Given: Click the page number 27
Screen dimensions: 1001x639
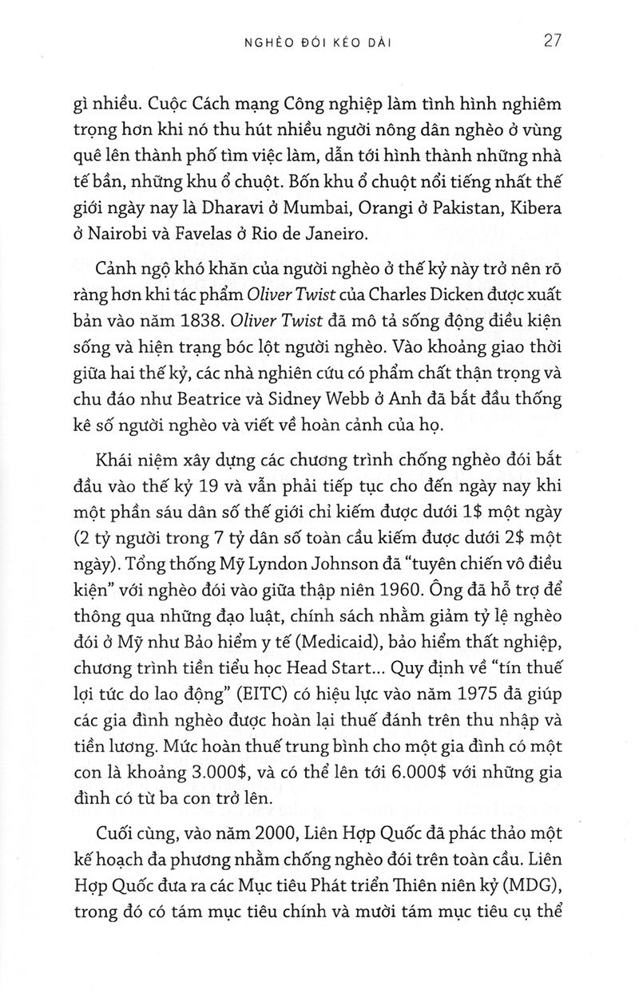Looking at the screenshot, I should (554, 41).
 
